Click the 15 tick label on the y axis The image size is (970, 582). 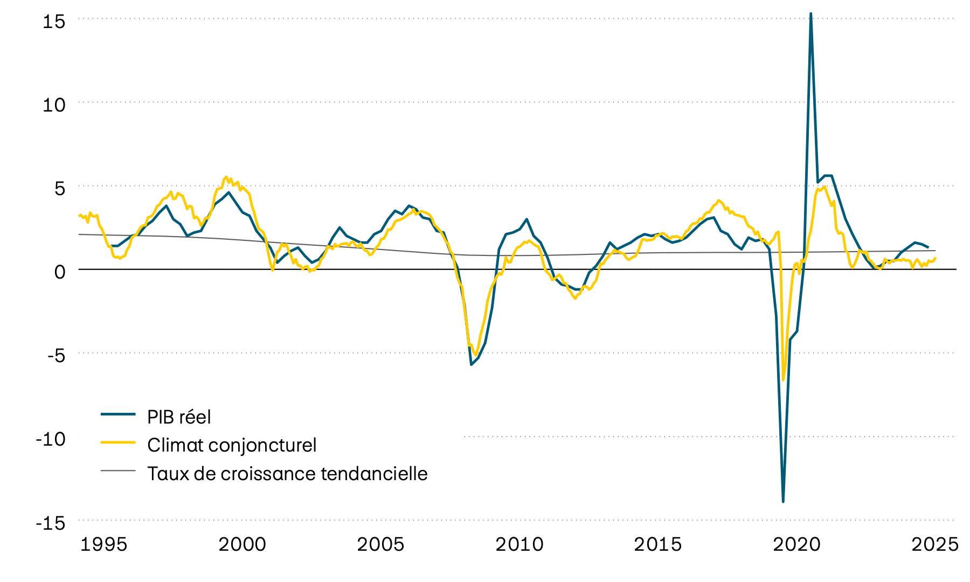[x=54, y=22]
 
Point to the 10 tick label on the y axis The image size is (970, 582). [x=54, y=105]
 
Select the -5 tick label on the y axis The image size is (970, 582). [x=56, y=356]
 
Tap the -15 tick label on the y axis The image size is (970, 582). [x=51, y=523]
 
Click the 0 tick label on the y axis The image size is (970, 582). [x=59, y=272]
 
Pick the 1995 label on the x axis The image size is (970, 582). [x=103, y=544]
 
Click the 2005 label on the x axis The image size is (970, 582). [x=380, y=544]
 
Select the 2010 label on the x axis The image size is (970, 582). [x=519, y=544]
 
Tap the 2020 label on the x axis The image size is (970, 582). [x=796, y=544]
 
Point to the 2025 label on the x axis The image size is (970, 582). [x=935, y=544]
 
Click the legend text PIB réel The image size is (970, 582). [x=179, y=417]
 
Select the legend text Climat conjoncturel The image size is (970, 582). [x=232, y=445]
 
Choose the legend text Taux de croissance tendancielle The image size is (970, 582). [x=287, y=474]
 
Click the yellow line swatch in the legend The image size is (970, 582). [x=118, y=442]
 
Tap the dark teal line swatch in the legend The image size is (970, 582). [x=118, y=414]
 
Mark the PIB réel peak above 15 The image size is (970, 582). [x=810, y=13]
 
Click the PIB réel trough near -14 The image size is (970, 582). [x=783, y=502]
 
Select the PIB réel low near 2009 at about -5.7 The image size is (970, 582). [x=471, y=365]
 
